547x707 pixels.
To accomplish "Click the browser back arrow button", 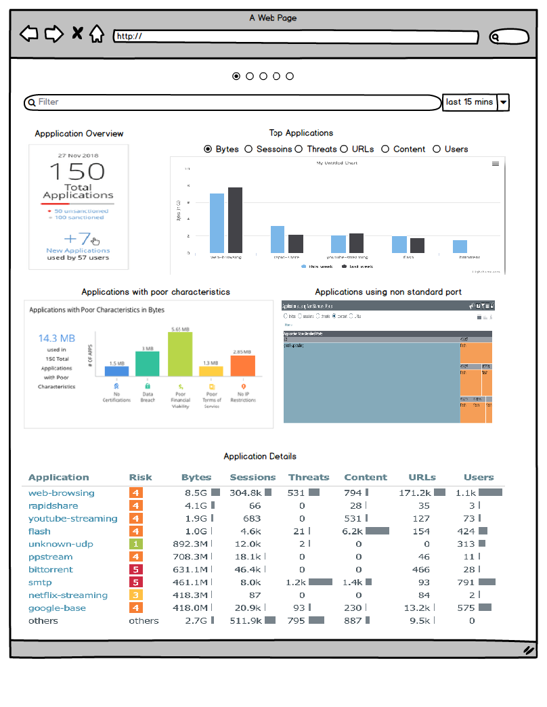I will point(29,33).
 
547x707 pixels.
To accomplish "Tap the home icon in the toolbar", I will point(97,33).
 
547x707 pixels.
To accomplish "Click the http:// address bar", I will point(296,37).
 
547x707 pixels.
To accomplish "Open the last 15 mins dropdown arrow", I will point(503,103).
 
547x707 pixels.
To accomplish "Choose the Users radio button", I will point(437,149).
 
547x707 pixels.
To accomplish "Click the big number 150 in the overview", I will point(77,171).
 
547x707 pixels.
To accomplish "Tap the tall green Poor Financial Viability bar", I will point(180,353).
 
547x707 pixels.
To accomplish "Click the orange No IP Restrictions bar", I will point(242,365).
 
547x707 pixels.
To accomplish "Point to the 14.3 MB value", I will point(56,338).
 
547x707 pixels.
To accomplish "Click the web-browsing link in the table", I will point(62,493).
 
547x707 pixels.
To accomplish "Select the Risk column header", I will point(141,477).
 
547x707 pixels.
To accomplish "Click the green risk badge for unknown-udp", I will point(136,544).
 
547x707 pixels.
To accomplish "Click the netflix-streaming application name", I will point(68,595).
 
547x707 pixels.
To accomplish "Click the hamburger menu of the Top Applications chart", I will point(496,164).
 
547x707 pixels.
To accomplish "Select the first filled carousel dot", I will point(236,76).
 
